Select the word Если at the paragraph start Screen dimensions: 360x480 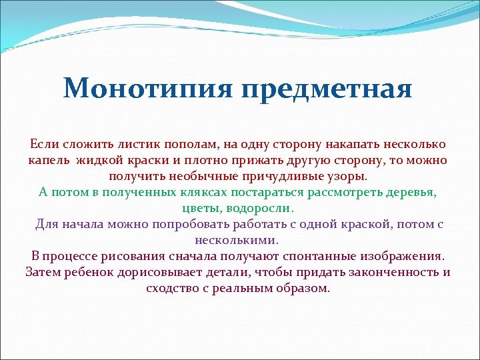pyautogui.click(x=43, y=145)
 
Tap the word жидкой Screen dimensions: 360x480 pyautogui.click(x=98, y=161)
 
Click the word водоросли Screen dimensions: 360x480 pyautogui.click(x=261, y=209)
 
